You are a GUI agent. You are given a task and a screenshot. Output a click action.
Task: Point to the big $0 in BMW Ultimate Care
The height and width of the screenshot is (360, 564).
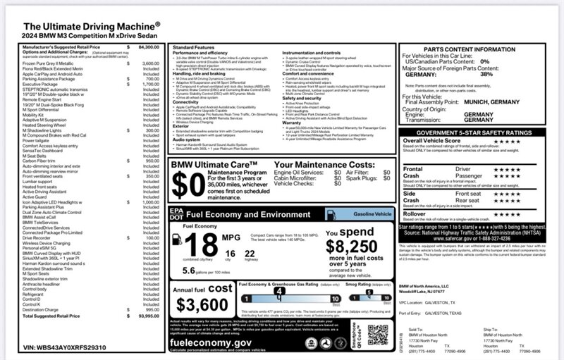click(x=188, y=185)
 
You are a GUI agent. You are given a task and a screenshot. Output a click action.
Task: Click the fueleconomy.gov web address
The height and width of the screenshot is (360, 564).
click(x=211, y=342)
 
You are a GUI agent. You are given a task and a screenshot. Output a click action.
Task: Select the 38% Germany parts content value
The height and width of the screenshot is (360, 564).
click(x=486, y=74)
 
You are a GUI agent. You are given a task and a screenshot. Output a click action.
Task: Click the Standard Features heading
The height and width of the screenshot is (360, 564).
click(x=195, y=46)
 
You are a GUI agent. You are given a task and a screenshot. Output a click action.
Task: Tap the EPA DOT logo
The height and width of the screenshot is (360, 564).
click(x=176, y=213)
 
